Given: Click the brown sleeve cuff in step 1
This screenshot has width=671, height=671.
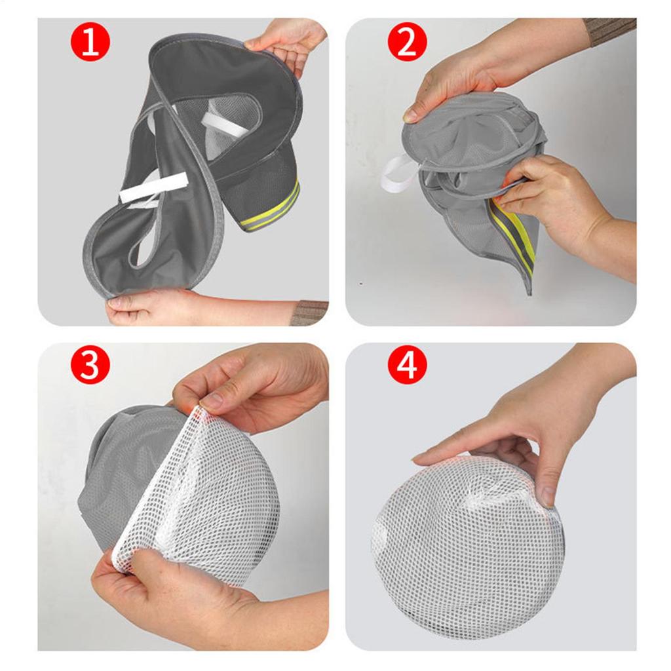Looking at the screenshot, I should point(308,313).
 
